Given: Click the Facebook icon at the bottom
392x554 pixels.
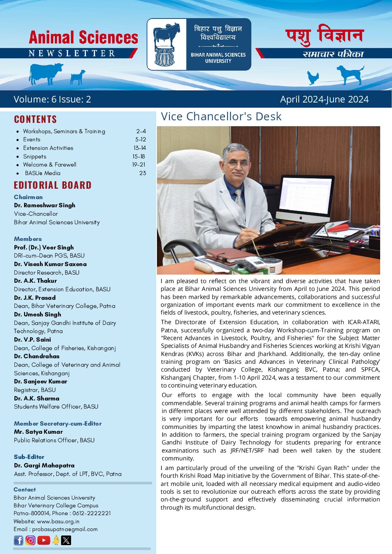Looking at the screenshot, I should click(19, 540).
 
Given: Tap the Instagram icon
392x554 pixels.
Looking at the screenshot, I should click(31, 540).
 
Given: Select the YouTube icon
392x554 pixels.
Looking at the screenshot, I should click(44, 540).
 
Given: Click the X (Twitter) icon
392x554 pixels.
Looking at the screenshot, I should click(66, 540).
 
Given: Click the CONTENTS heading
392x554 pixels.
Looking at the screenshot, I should click(36, 119).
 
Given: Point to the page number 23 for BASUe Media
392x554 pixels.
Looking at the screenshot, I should click(143, 173).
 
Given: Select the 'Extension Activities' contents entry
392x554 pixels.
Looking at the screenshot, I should click(48, 148).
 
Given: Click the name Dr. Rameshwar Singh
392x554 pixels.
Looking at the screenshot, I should click(44, 205).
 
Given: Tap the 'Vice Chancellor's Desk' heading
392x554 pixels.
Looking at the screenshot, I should click(221, 117).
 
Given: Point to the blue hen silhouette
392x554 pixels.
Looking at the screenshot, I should click(313, 78).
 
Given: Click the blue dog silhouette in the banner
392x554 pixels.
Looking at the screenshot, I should click(350, 74).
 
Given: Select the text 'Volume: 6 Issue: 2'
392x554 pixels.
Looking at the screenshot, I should click(52, 99).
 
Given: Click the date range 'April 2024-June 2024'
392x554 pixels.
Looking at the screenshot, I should click(324, 99).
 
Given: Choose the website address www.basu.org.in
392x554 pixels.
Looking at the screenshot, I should click(58, 521).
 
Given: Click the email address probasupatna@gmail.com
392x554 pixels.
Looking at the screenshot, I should click(65, 529).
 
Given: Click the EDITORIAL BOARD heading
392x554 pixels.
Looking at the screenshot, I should click(53, 185).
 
